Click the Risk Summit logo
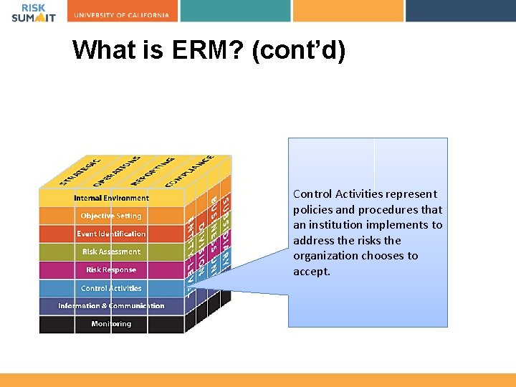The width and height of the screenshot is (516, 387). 33,13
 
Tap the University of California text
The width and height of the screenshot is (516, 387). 125,15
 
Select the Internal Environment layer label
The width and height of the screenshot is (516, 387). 111,198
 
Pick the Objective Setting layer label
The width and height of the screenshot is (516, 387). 111,216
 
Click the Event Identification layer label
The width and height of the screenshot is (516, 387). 111,234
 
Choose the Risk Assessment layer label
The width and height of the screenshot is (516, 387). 111,252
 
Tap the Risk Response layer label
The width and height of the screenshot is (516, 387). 111,270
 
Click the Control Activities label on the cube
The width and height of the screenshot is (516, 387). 111,288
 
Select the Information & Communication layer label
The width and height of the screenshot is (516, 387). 111,306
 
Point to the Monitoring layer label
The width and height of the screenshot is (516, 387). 111,324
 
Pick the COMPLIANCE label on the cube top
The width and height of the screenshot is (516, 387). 189,171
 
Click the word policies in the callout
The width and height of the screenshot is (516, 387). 312,209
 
